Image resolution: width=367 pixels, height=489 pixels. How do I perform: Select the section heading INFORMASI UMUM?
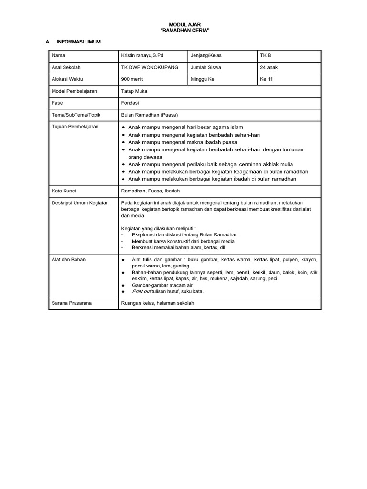[79, 42]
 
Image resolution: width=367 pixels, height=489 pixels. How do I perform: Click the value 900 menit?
[131, 79]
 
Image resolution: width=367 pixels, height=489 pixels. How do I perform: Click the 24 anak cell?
[269, 67]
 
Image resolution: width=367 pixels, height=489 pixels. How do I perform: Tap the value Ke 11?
[266, 79]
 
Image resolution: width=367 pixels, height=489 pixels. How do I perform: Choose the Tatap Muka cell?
[134, 91]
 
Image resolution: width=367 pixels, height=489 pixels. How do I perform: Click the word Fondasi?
[130, 103]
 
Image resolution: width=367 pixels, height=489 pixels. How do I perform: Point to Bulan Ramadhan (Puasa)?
[150, 115]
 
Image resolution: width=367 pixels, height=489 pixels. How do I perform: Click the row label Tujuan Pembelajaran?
[75, 126]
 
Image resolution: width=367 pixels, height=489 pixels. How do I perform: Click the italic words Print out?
[141, 291]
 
